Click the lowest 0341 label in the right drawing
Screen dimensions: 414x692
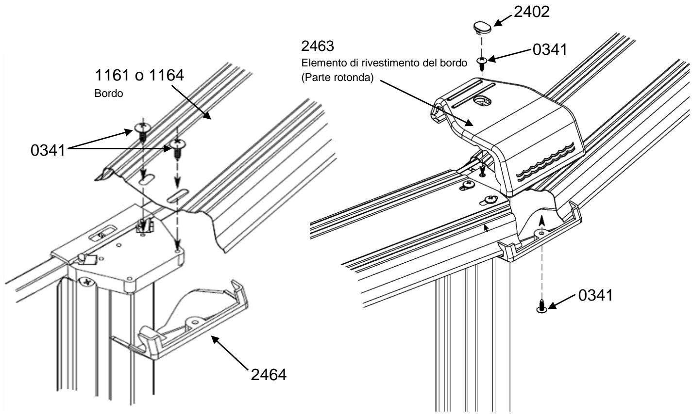click(597, 296)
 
